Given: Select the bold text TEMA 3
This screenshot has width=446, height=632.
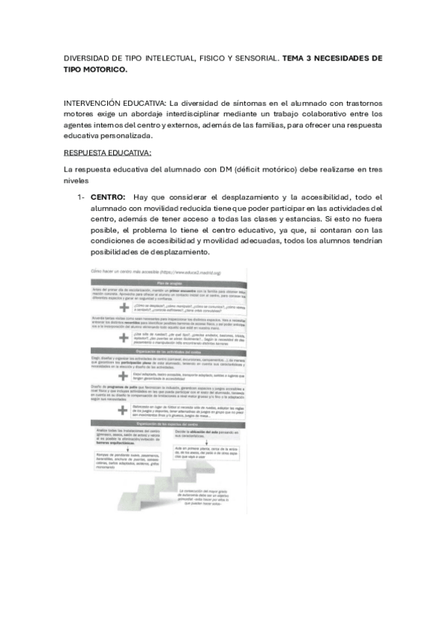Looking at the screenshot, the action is point(302,57).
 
